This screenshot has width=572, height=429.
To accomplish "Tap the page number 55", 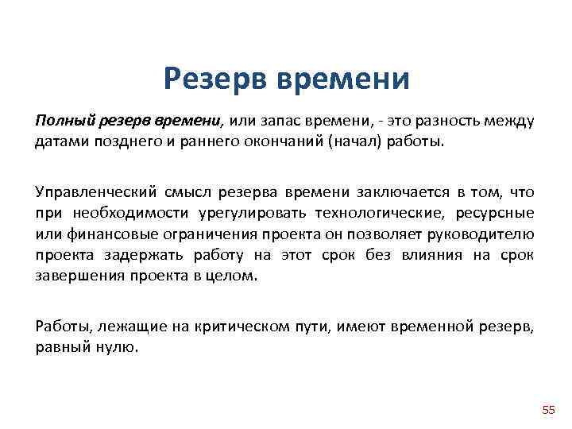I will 548,410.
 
